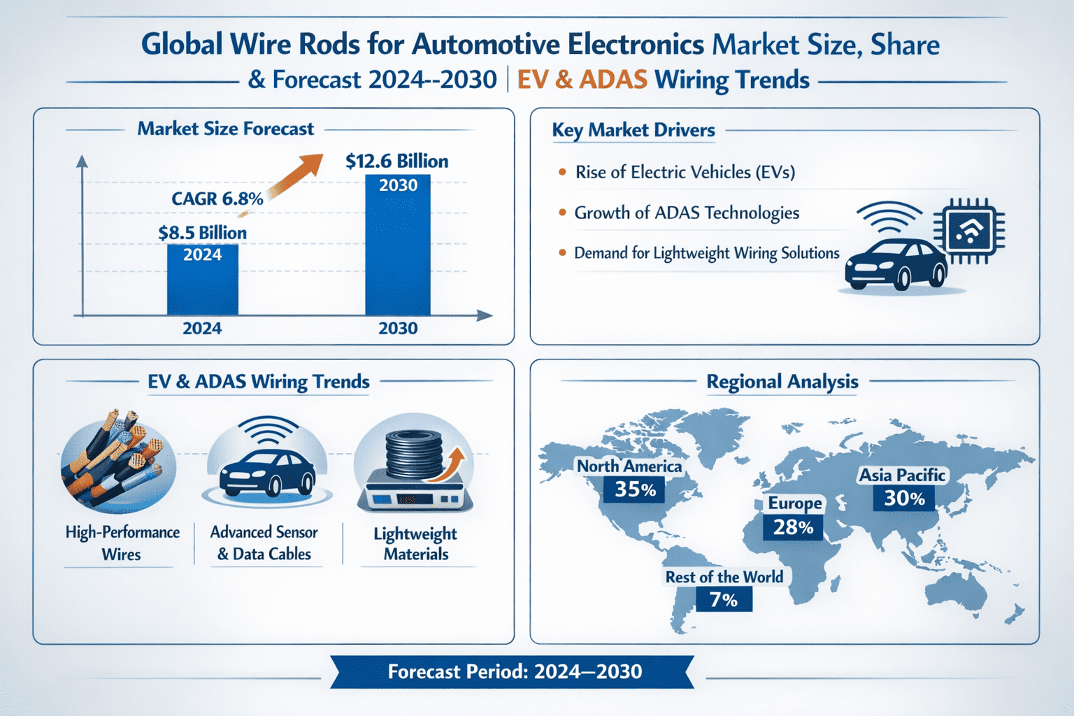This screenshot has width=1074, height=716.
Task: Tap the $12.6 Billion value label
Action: [396, 162]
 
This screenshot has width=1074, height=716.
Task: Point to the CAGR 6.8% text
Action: [217, 199]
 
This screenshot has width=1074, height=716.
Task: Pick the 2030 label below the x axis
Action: [398, 329]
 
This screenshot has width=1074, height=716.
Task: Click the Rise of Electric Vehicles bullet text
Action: [685, 173]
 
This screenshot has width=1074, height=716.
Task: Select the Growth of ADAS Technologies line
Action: [686, 213]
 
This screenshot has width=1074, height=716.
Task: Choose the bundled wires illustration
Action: [118, 461]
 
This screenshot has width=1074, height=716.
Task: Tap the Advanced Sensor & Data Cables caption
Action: [264, 543]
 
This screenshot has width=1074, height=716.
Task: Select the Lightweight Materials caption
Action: [415, 544]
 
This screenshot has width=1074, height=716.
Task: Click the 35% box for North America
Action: [635, 489]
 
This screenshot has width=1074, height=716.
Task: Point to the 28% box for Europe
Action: [793, 527]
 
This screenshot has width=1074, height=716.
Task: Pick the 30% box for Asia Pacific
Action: [904, 499]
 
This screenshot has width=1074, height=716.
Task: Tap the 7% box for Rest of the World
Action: [724, 600]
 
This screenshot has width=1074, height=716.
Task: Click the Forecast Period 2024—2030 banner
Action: [514, 672]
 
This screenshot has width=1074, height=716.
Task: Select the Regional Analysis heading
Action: [782, 382]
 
